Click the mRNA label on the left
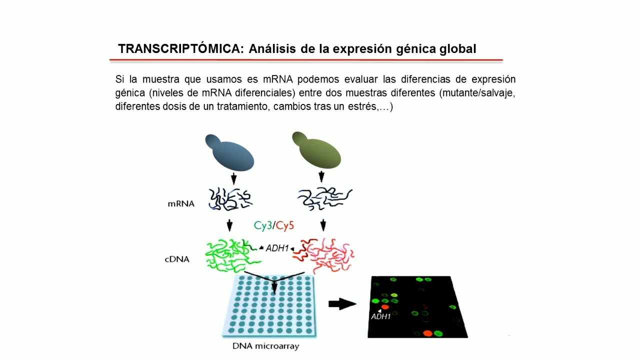pyautogui.click(x=181, y=203)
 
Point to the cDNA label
pyautogui.click(x=177, y=259)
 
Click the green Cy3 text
pyautogui.click(x=262, y=225)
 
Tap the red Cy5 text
pyautogui.click(x=285, y=225)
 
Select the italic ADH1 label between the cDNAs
pyautogui.click(x=277, y=247)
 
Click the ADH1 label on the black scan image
pyautogui.click(x=380, y=316)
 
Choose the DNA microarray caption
pyautogui.click(x=265, y=346)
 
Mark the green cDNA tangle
pyautogui.click(x=230, y=255)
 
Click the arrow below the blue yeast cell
pyautogui.click(x=233, y=178)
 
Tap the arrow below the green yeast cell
pyautogui.click(x=321, y=176)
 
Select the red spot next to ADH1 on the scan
pyautogui.click(x=385, y=307)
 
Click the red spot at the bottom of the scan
pyautogui.click(x=427, y=333)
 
